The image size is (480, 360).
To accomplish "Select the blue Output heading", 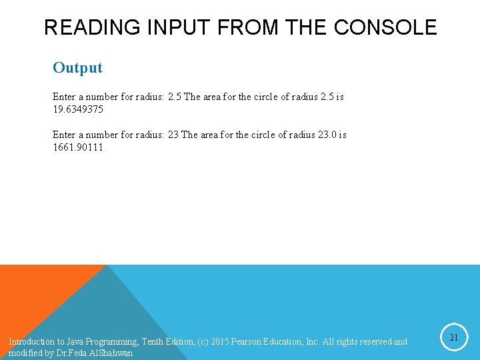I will pyautogui.click(x=77, y=67).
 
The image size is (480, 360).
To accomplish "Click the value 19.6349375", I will pyautogui.click(x=78, y=109).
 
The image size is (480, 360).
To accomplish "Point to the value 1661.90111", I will pyautogui.click(x=78, y=147).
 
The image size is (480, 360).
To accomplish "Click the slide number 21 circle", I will pyautogui.click(x=453, y=338).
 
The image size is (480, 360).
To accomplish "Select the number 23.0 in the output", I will pyautogui.click(x=327, y=135).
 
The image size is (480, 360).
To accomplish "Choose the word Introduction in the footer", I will pyautogui.click(x=31, y=342).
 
